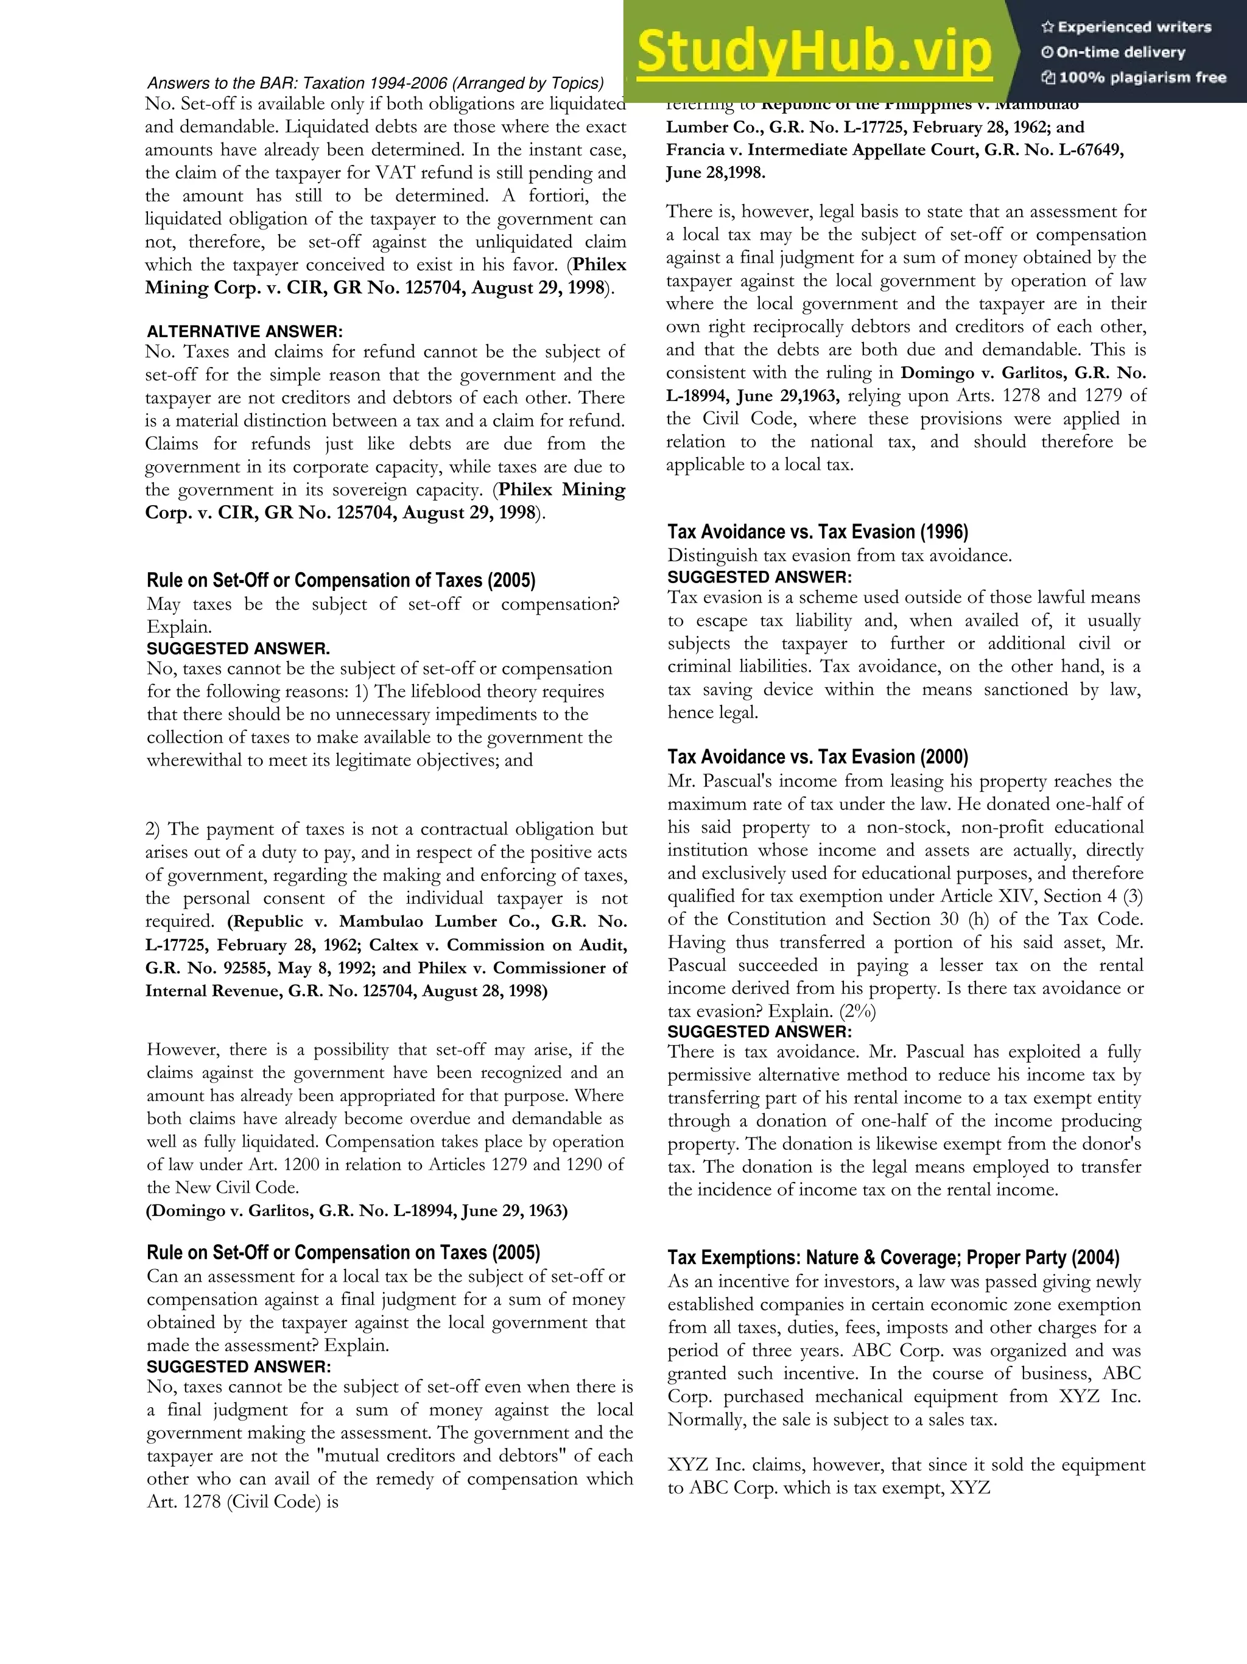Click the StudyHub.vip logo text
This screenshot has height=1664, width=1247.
[813, 52]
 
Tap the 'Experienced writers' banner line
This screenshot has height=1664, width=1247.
[1126, 27]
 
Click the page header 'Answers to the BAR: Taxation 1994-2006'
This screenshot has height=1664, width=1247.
[375, 83]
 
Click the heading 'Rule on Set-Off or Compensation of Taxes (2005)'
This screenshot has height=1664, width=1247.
[341, 581]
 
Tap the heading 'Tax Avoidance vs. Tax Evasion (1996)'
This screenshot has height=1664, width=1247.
[817, 532]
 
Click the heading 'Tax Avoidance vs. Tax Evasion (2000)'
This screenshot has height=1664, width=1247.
[817, 757]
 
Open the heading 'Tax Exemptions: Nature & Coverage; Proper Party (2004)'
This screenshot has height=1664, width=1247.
[893, 1258]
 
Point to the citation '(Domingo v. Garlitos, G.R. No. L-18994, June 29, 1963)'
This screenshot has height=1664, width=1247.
[357, 1211]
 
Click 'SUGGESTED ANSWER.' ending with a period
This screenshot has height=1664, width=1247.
[238, 648]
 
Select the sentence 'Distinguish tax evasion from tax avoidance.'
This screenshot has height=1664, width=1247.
[839, 555]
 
